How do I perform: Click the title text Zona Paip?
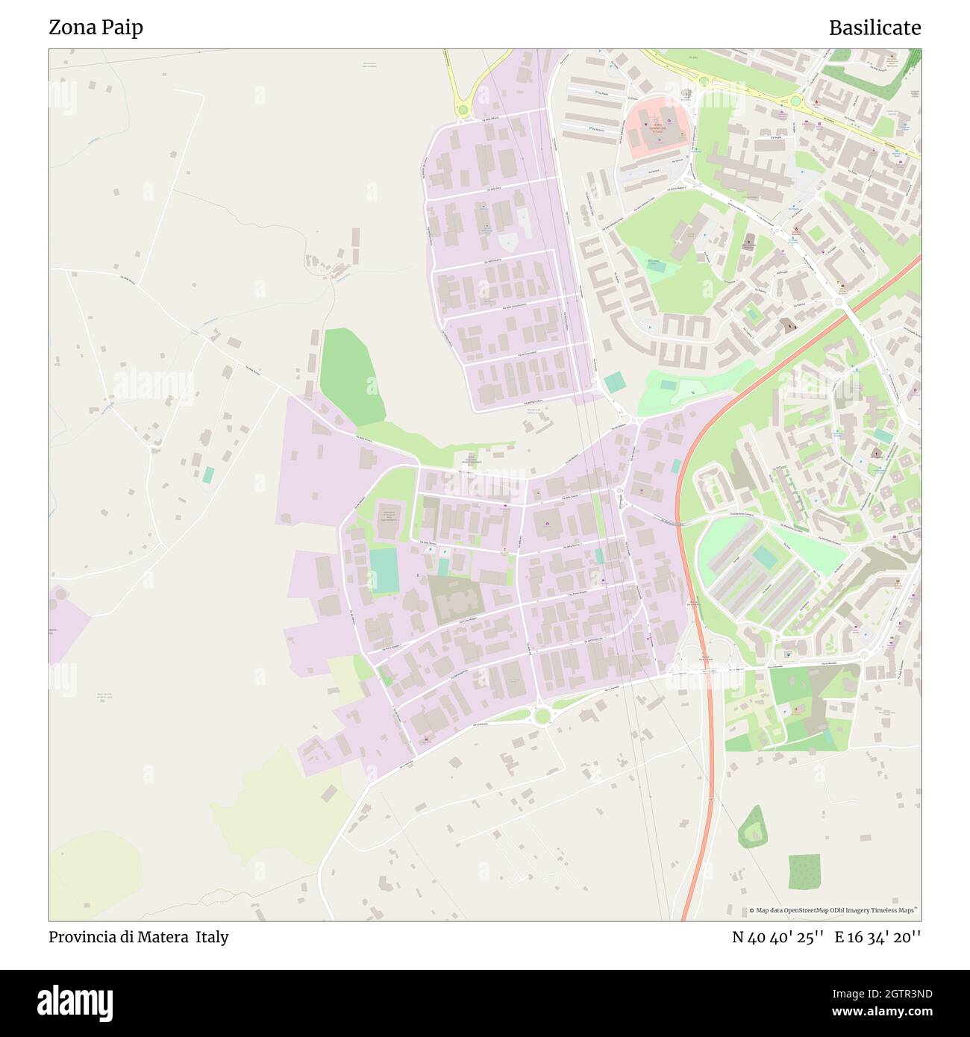point(96,28)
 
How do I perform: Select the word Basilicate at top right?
point(874,28)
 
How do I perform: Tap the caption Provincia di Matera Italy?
point(138,937)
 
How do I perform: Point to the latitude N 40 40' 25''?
point(777,937)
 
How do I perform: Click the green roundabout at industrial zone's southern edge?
point(542,715)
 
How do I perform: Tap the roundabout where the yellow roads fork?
point(463,110)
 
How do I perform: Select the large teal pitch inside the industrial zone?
point(384,570)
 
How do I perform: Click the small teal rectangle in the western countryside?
point(208,474)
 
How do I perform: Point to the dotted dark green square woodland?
point(804,872)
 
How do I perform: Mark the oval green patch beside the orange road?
point(751,827)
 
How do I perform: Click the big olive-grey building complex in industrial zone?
point(454,599)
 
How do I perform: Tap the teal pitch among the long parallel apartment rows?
point(765,557)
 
